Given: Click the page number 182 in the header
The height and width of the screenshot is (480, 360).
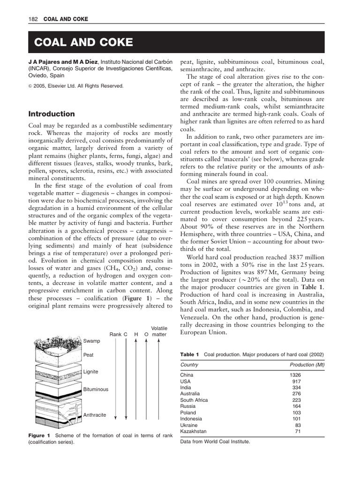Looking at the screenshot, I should click(x=34, y=19).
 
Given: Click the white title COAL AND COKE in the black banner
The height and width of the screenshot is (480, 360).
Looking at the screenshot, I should click(x=83, y=43).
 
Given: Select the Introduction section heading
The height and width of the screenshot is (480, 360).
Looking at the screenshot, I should click(x=52, y=114).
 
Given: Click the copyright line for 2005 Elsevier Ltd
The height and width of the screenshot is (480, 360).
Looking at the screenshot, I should click(x=76, y=86).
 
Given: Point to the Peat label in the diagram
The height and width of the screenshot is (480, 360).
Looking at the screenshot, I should click(x=89, y=355).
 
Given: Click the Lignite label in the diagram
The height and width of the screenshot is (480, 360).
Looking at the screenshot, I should click(x=91, y=372).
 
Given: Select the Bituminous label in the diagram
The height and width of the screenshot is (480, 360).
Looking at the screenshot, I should click(x=96, y=390).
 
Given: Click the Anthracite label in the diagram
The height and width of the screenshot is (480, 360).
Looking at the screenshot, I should click(x=95, y=415).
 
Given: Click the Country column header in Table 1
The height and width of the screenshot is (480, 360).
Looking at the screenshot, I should click(x=189, y=365).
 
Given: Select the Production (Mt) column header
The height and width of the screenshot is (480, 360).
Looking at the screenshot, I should click(x=307, y=365).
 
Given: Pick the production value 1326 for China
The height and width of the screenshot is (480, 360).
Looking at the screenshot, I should click(x=295, y=375).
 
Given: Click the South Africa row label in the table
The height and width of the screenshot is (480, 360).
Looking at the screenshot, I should click(x=194, y=400).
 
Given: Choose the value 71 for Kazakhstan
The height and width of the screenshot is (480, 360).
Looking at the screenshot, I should click(x=298, y=431).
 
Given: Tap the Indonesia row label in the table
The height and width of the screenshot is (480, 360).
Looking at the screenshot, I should click(x=191, y=419).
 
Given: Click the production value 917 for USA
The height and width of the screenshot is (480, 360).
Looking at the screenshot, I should click(x=296, y=382).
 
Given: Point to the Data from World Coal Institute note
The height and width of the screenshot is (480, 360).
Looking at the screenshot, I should click(x=215, y=442).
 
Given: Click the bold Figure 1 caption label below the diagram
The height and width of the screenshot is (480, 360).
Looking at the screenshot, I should click(x=39, y=435).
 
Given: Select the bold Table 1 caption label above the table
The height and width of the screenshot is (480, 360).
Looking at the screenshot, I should click(x=190, y=354).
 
